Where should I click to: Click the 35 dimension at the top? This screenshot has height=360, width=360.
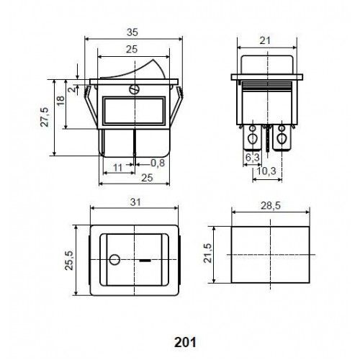[132, 32]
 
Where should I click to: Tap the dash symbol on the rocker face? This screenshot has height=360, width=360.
[146, 258]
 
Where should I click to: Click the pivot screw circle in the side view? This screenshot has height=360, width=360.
[132, 90]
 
